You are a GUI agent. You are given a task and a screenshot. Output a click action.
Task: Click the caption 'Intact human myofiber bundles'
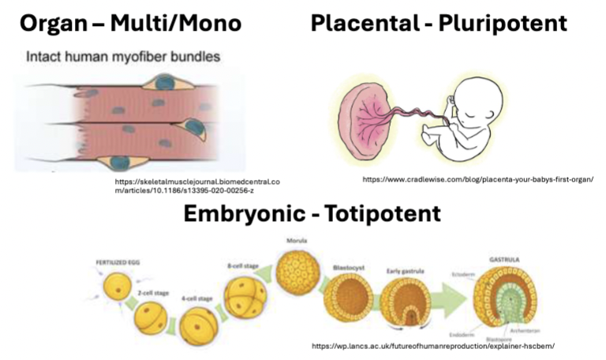[x=123, y=57]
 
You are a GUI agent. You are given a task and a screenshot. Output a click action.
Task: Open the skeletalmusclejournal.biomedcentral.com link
[x=196, y=185]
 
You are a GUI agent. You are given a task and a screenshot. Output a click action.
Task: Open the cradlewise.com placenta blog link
[x=477, y=179]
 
